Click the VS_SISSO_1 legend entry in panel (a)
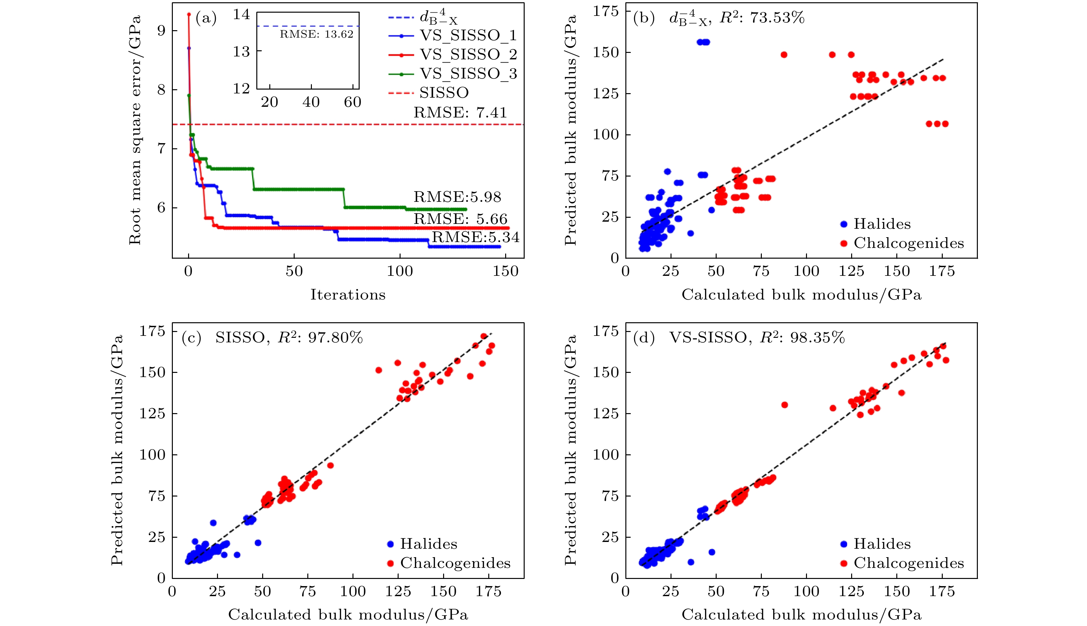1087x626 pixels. point(468,36)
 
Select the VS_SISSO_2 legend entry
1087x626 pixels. point(468,55)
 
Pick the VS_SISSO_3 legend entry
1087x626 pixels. point(468,74)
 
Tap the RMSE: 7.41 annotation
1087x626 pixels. point(460,113)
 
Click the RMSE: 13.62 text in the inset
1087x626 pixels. point(316,34)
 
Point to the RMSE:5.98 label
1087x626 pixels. point(457,197)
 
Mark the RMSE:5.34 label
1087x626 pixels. point(476,237)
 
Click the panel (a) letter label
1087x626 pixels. point(206,18)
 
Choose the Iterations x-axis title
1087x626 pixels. point(348,295)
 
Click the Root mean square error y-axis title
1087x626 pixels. point(135,130)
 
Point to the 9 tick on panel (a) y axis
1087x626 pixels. point(161,31)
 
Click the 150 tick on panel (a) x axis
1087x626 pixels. point(505,271)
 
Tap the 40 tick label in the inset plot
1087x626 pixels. point(311,102)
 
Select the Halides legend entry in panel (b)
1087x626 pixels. point(882,224)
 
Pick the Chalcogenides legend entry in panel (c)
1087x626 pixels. point(455,563)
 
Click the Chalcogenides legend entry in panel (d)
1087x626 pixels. point(908,563)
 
